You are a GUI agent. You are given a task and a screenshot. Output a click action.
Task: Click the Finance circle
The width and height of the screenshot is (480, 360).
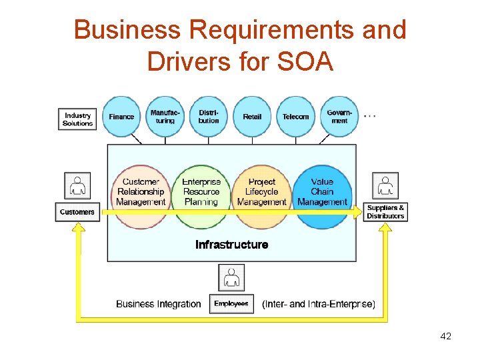tap(121, 117)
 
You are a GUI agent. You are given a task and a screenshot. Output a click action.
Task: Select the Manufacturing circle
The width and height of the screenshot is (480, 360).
tap(164, 117)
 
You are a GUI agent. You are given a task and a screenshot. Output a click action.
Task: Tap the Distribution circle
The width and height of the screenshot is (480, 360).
tap(209, 117)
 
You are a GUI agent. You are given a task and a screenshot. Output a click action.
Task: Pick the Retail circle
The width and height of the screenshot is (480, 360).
tap(252, 117)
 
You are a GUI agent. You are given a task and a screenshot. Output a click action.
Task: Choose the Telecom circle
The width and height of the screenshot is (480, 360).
tap(295, 117)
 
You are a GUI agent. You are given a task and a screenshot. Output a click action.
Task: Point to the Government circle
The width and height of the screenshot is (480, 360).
tap(339, 117)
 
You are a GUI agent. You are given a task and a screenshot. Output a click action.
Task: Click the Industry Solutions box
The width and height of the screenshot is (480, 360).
tap(77, 119)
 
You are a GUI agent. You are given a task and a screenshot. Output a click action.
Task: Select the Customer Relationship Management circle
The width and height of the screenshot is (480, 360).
tap(141, 193)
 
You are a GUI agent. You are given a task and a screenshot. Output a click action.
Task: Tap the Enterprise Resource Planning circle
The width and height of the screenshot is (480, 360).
tap(201, 193)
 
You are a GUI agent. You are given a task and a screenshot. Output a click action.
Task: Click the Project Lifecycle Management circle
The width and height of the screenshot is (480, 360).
tap(261, 193)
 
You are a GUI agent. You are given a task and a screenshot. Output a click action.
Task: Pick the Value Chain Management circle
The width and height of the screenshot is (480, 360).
tap(322, 193)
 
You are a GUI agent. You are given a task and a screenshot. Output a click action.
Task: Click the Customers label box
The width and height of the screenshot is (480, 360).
tap(77, 212)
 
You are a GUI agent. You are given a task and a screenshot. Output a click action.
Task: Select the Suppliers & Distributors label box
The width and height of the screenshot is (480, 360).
tap(385, 212)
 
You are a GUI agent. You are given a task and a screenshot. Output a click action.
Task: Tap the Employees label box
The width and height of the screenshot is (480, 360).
tap(231, 304)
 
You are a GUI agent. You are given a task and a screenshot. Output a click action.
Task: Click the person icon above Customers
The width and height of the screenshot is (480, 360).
tap(78, 186)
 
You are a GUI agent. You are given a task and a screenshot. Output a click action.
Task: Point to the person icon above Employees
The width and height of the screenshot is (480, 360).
tap(231, 277)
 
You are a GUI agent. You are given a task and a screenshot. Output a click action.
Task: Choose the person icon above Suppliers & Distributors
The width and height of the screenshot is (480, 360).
tap(385, 186)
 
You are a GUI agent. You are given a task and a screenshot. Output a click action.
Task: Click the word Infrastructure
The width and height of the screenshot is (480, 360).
tap(232, 245)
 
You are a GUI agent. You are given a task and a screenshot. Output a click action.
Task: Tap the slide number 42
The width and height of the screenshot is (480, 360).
tap(446, 336)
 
